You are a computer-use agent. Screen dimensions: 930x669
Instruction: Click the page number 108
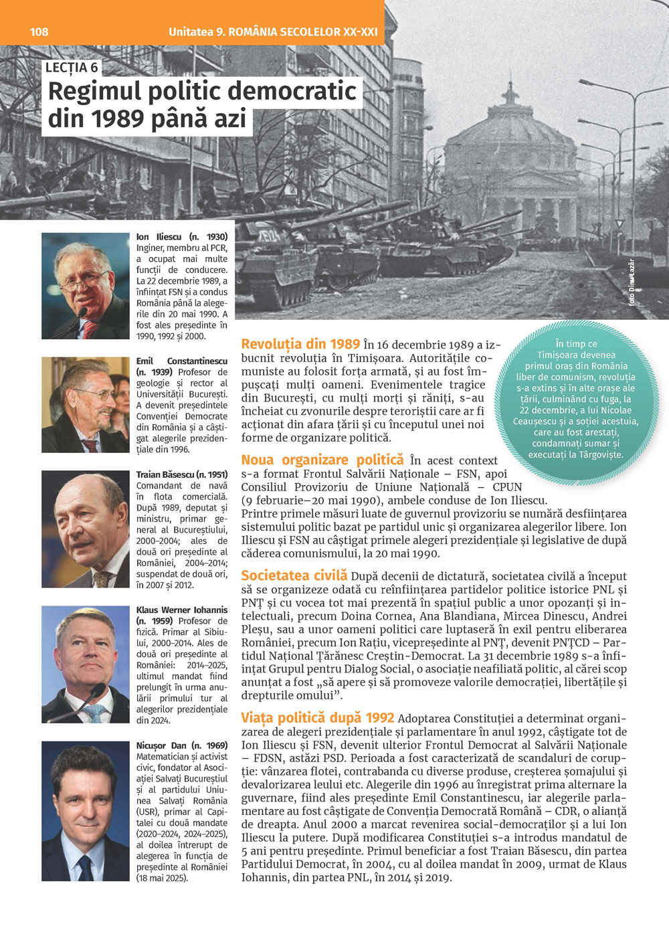coord(39,31)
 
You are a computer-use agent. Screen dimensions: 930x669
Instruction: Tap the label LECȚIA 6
coord(72,67)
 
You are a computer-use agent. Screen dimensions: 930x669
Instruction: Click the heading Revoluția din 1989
coord(300,344)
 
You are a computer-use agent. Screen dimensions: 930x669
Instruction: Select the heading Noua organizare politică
coord(322,460)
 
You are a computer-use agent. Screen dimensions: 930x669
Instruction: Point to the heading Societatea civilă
coord(294,575)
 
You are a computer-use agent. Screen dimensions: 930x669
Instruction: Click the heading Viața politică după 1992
coord(317,718)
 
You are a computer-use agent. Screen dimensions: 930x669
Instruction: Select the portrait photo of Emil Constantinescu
coord(85,405)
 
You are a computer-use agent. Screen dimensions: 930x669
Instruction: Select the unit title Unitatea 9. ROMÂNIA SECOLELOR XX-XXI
coord(273,31)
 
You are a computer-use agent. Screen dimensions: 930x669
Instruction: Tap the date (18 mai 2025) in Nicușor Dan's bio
coord(163,878)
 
